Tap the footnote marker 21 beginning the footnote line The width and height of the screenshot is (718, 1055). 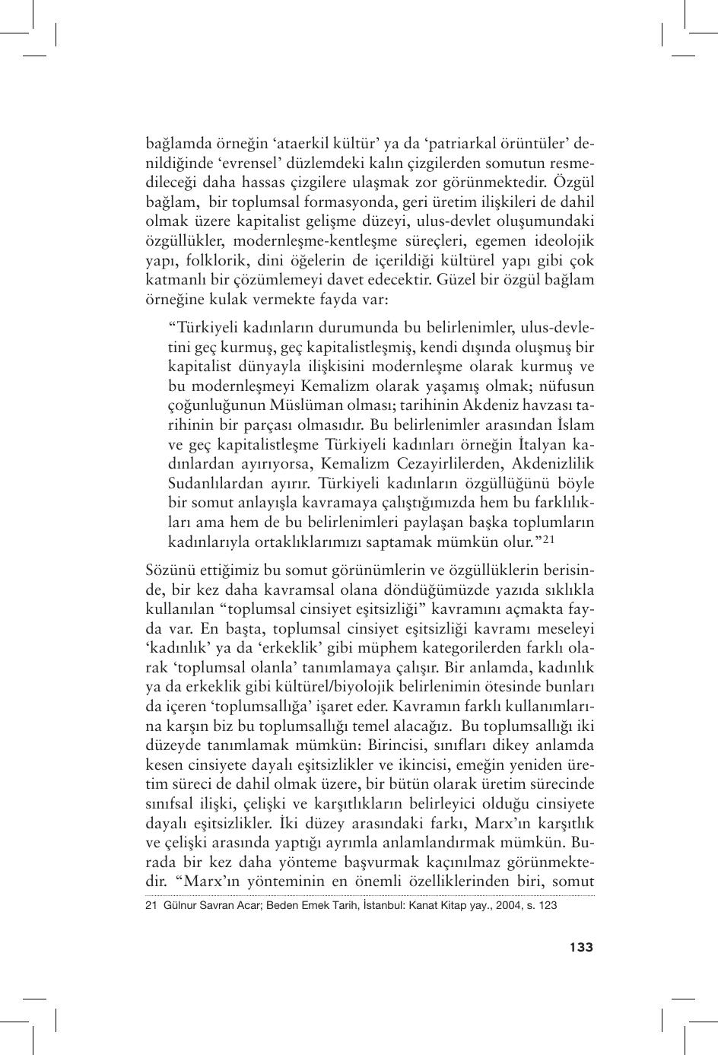click(x=150, y=906)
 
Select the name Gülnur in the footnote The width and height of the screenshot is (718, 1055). click(x=179, y=906)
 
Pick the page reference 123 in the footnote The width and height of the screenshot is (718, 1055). click(x=548, y=906)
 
